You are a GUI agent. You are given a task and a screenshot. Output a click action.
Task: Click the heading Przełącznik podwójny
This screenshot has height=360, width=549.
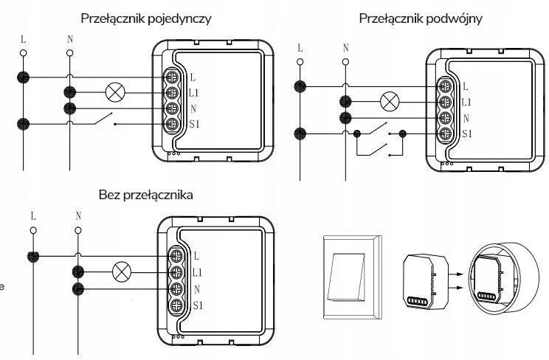[x=421, y=19]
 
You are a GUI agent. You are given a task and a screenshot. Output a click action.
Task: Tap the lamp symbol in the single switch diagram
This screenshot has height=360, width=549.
[x=115, y=92]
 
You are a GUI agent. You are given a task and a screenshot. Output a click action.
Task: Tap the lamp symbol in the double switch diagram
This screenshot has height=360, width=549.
[x=389, y=102]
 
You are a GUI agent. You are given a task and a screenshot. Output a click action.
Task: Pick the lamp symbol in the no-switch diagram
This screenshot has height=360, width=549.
[x=120, y=272]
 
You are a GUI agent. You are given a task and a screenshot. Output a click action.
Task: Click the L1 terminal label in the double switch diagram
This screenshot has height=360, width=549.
[x=466, y=103]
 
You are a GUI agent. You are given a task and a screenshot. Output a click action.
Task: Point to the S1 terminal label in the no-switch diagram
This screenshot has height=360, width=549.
[x=198, y=305]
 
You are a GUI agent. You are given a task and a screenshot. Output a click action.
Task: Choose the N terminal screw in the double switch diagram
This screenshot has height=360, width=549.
[x=445, y=118]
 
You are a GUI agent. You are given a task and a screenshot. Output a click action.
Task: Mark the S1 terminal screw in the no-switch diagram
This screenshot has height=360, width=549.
[x=177, y=305]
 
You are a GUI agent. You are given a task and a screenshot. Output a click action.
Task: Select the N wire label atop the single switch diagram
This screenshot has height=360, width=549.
[x=70, y=39]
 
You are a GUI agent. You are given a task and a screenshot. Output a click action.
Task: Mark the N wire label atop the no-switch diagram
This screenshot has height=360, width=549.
[x=77, y=216]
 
